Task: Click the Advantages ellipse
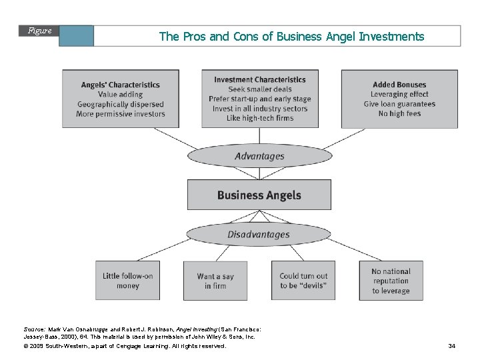tap(259, 156)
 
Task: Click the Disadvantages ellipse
tap(259, 234)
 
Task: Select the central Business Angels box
tap(259, 195)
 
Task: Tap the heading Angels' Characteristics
tap(121, 85)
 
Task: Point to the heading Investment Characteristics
tap(260, 80)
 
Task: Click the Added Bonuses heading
tap(399, 85)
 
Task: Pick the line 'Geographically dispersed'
tap(121, 105)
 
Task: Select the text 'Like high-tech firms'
tap(260, 119)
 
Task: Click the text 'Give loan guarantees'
tap(400, 104)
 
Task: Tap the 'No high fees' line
tap(400, 114)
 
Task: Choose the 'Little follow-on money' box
tap(128, 281)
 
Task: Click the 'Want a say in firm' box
tap(216, 281)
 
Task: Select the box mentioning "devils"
tap(303, 281)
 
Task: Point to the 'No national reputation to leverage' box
tap(391, 281)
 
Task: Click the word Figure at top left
tap(40, 31)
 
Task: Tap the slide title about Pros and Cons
tap(291, 37)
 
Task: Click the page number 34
tap(451, 346)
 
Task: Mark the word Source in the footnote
tap(34, 329)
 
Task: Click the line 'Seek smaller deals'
tap(260, 89)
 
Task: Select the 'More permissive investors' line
tap(121, 114)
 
